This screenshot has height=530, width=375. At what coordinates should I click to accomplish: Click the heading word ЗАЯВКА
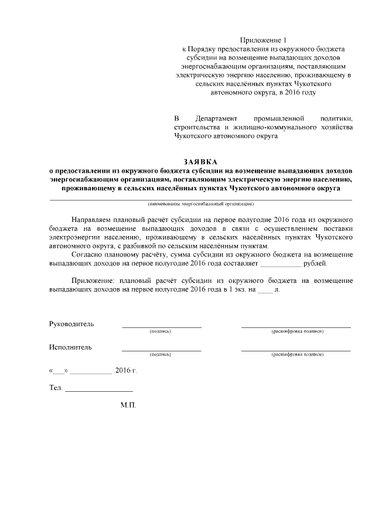coord(200,162)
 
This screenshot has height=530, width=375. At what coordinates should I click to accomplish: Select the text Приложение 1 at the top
coord(264,40)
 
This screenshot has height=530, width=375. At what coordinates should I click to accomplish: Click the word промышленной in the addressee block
coord(276,118)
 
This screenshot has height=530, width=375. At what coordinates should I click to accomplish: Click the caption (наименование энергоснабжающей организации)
coord(200,204)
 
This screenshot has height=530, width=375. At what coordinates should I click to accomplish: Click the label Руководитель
coord(71,324)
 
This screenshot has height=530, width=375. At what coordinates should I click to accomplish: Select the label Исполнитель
coord(70,347)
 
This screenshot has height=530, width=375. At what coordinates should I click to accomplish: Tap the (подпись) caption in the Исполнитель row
coord(161,354)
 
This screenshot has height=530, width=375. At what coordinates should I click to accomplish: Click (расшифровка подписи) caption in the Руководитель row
coord(296,331)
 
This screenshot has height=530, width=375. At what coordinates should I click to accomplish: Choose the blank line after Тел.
coord(98,389)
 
